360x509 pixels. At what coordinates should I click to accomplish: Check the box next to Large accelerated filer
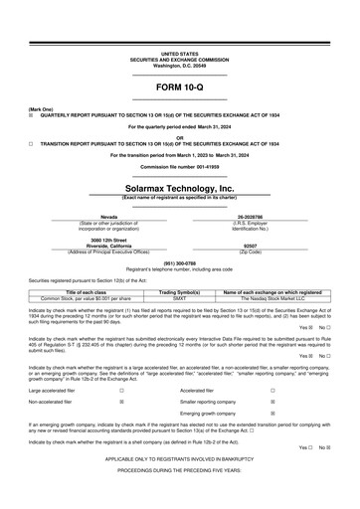point(121,392)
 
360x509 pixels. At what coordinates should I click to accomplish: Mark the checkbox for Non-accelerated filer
point(121,402)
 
